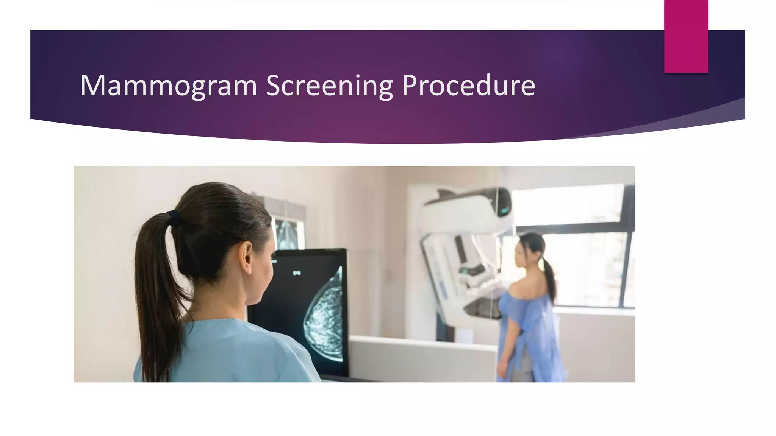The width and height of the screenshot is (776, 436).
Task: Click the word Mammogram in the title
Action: coord(169,86)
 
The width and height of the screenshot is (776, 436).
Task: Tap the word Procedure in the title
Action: coord(468,86)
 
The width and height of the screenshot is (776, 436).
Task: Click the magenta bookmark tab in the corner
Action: coord(686,36)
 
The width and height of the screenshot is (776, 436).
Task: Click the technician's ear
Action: coord(246,257)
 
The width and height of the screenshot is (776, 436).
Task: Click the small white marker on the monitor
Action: coord(297,272)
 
